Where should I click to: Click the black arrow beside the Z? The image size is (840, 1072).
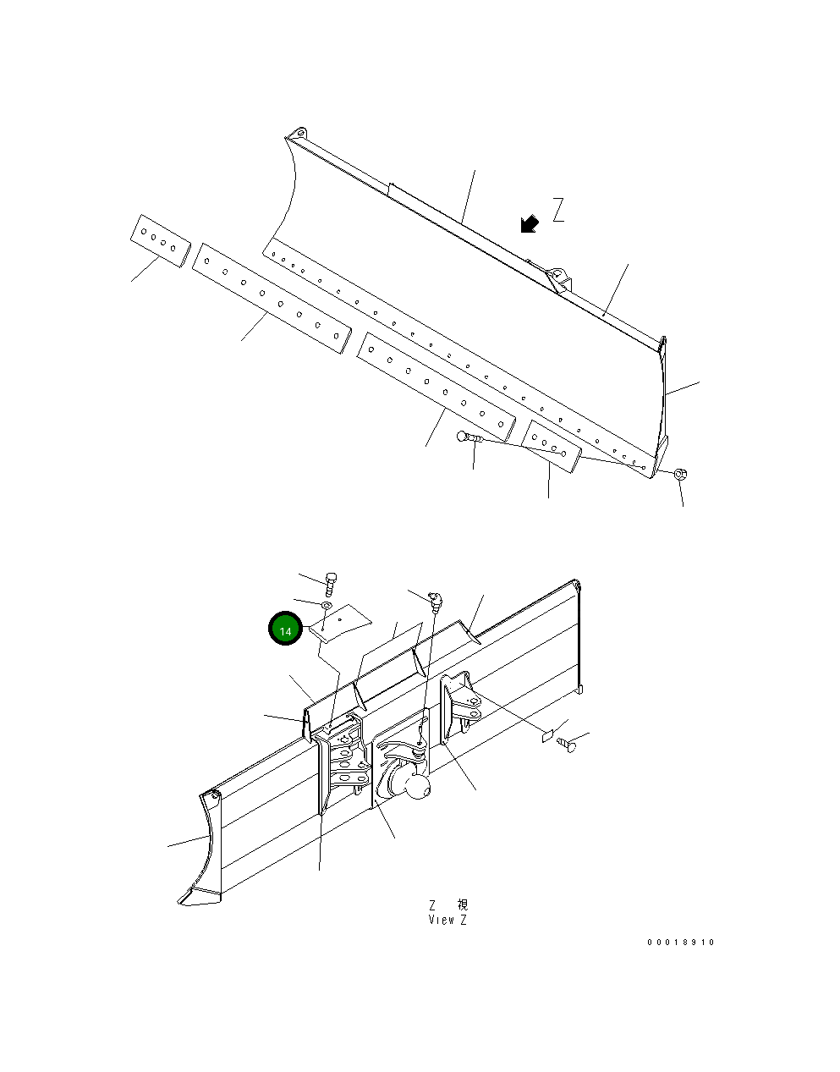pos(530,223)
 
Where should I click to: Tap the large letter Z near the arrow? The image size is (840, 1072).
pos(558,210)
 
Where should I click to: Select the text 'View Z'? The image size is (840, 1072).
pos(447,920)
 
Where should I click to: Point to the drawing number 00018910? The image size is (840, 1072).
pos(681,942)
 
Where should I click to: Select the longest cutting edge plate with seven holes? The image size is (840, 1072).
pos(271,297)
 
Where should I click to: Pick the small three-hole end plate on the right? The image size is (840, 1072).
pos(550,446)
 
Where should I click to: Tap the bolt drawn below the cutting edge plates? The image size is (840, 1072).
pos(468,438)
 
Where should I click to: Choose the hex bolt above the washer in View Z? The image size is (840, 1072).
pos(331,582)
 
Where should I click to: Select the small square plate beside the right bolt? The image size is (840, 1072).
pos(547,734)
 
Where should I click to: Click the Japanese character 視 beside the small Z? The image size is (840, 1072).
pos(461,905)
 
